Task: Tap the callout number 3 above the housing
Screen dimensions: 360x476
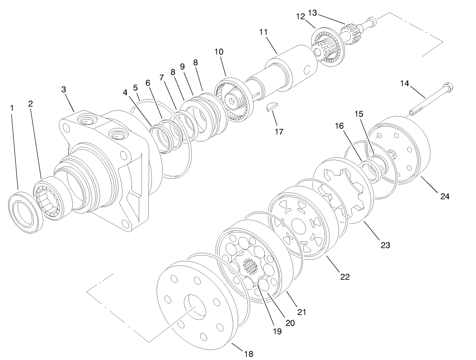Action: [64, 90]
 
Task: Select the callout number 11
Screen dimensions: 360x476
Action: [264, 32]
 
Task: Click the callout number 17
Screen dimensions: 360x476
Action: [278, 132]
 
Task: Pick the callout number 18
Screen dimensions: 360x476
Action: [249, 353]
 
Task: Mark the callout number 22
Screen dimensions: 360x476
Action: [344, 277]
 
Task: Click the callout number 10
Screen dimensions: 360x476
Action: [219, 52]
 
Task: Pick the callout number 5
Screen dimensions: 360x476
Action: [135, 87]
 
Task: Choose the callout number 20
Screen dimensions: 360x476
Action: [290, 323]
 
